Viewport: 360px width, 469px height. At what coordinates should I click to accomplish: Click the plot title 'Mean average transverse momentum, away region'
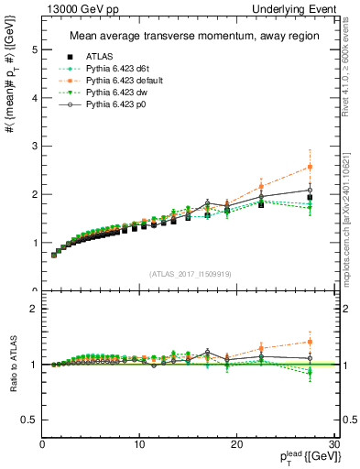coord(187,37)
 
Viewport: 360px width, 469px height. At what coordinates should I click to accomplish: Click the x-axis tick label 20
coord(236,445)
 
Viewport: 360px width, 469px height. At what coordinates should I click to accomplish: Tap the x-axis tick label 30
coord(333,445)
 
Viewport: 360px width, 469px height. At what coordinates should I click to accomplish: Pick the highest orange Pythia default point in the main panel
coord(310,167)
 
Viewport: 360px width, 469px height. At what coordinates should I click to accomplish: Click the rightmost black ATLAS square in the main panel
coord(310,197)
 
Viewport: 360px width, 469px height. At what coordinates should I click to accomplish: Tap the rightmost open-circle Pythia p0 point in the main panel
coord(310,190)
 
